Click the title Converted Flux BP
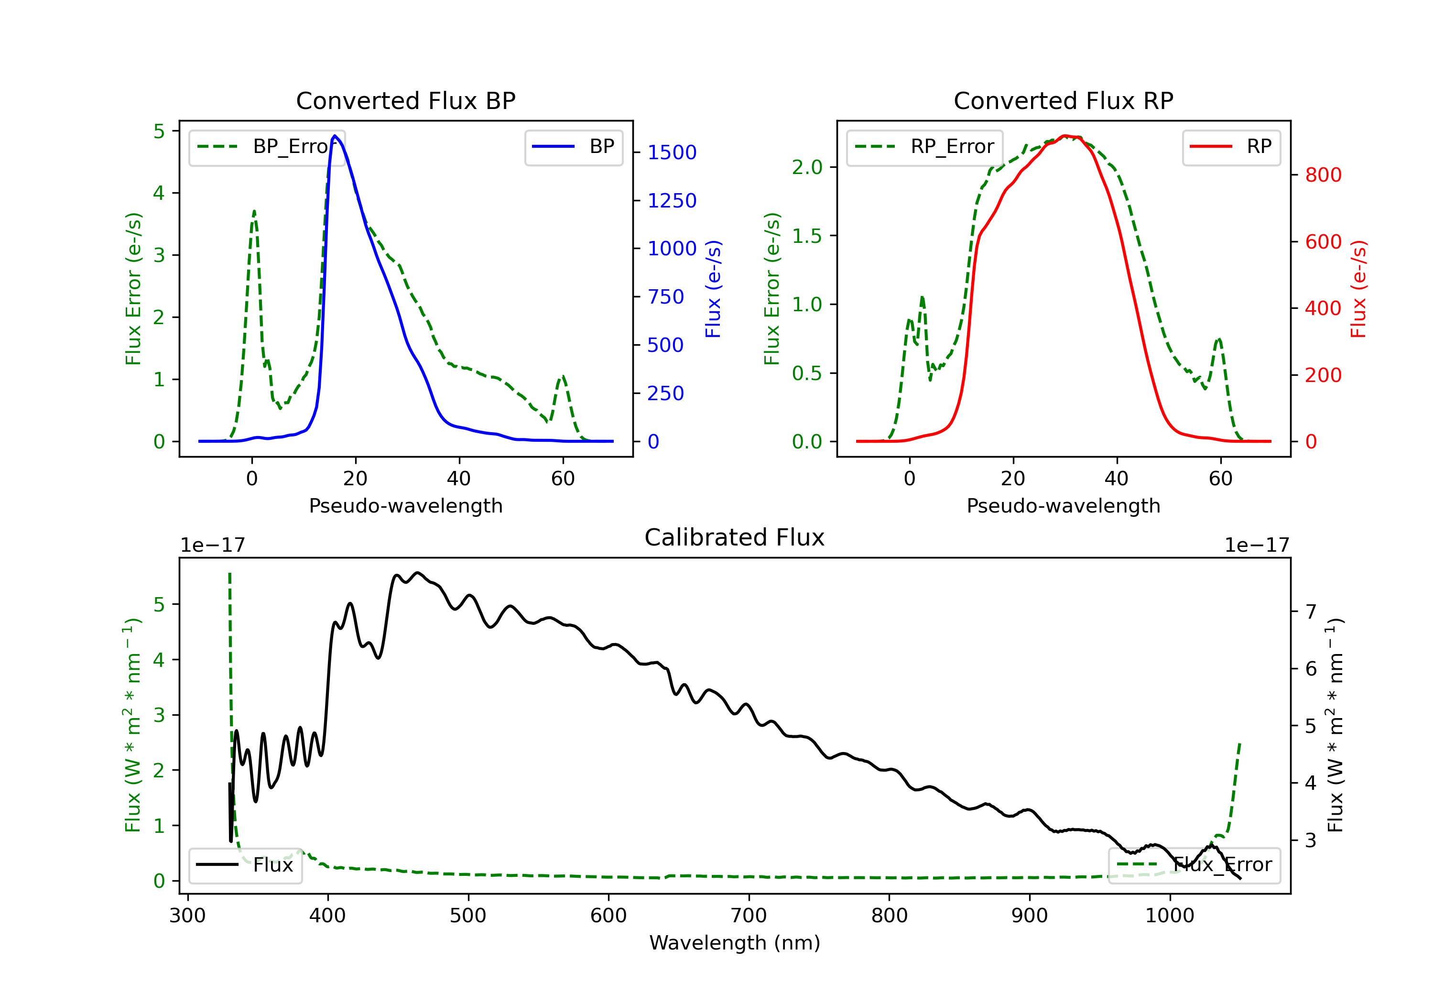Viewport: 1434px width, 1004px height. pyautogui.click(x=405, y=100)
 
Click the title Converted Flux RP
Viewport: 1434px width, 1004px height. pyautogui.click(x=1063, y=100)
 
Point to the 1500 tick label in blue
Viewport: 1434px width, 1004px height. pyautogui.click(x=672, y=153)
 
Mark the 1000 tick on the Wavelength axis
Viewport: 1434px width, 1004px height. pyautogui.click(x=1169, y=916)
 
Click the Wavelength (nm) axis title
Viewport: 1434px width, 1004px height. pyautogui.click(x=735, y=943)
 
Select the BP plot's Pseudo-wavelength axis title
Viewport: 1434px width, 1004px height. pyautogui.click(x=405, y=505)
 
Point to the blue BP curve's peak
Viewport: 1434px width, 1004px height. pyautogui.click(x=335, y=136)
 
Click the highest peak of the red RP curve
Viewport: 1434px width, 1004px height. pyautogui.click(x=1065, y=136)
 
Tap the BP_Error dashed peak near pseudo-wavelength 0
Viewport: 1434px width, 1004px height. pyautogui.click(x=253, y=212)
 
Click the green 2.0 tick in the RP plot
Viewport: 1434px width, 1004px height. pyautogui.click(x=806, y=167)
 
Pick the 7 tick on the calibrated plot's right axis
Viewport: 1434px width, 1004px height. pyautogui.click(x=1311, y=611)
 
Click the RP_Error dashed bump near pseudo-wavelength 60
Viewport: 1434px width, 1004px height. pyautogui.click(x=1218, y=340)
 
